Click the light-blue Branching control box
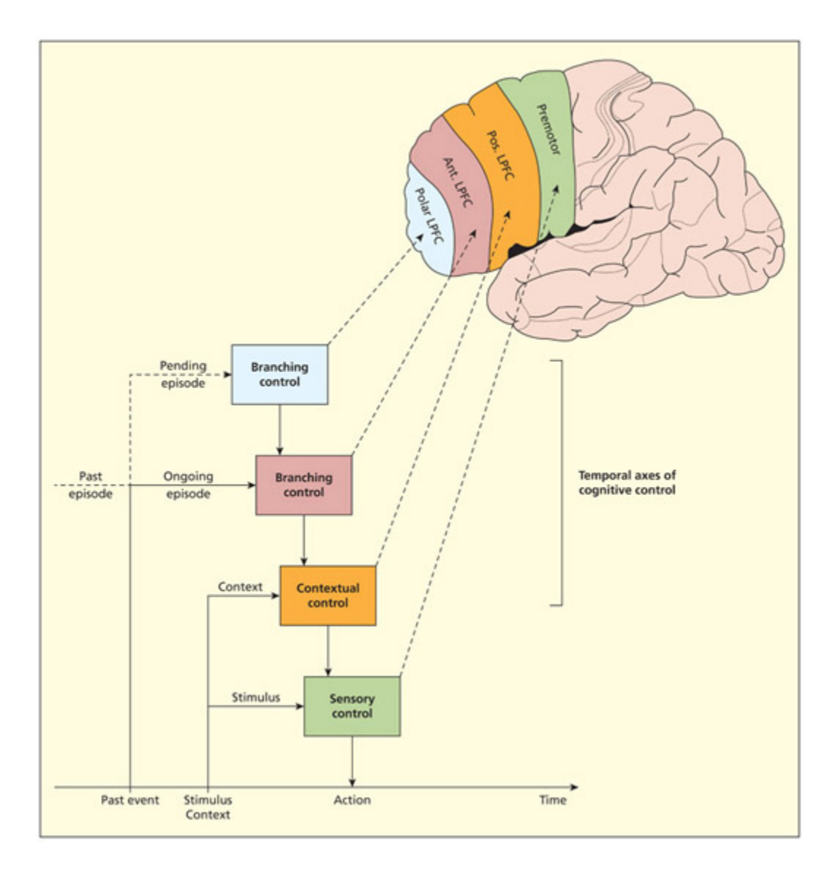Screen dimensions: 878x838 (279, 374)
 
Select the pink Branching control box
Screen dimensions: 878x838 (303, 485)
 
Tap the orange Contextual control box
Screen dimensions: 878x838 (328, 595)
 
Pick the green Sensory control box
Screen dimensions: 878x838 (352, 705)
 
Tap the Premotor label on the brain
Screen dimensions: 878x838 (548, 129)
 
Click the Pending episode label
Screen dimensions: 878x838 (183, 374)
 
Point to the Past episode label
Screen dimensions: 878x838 (95, 485)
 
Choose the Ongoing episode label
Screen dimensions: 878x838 (188, 485)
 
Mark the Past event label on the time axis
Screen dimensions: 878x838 (129, 800)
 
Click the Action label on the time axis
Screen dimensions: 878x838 (352, 800)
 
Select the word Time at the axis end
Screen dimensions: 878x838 (553, 800)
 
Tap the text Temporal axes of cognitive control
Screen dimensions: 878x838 (627, 483)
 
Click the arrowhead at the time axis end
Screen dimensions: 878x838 (573, 787)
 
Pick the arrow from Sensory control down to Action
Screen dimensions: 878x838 (352, 760)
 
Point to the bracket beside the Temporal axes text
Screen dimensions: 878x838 (560, 483)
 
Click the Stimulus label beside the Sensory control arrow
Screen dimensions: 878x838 (255, 697)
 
